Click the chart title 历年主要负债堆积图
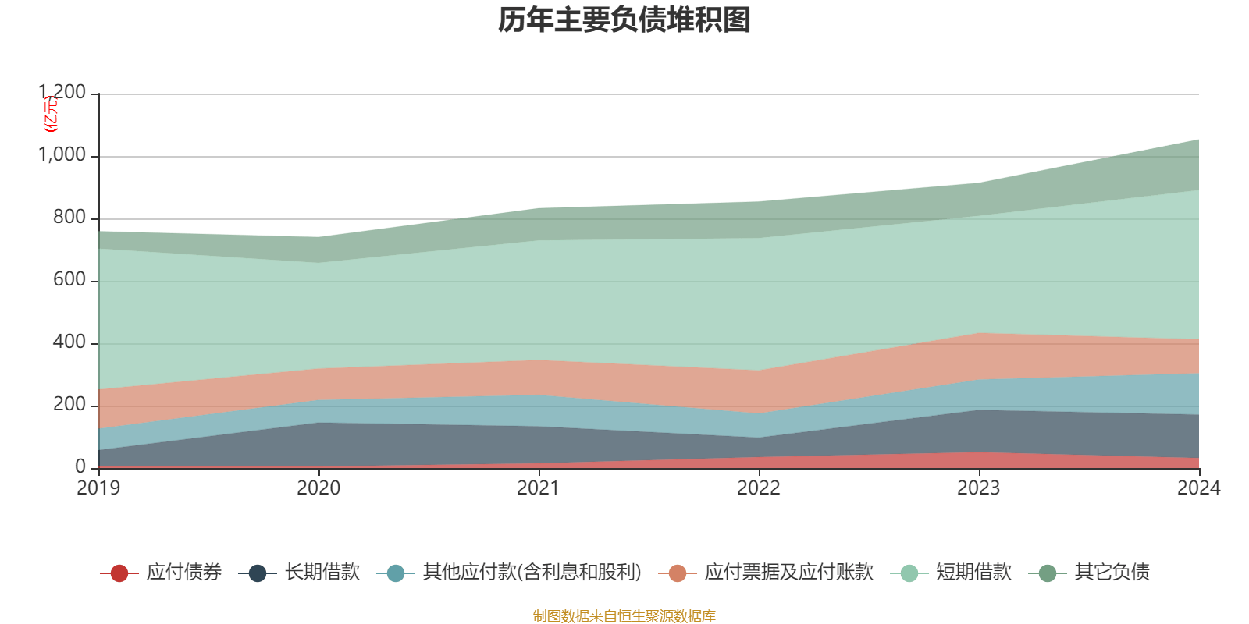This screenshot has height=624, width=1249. (624, 20)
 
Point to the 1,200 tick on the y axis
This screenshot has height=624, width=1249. (62, 93)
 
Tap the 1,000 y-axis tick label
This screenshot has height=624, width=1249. (62, 155)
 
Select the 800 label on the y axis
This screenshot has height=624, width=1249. (69, 218)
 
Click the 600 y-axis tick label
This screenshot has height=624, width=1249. (69, 280)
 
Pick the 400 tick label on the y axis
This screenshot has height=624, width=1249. (69, 342)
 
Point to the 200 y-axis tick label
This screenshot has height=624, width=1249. (69, 405)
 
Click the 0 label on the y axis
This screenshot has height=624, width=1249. (80, 466)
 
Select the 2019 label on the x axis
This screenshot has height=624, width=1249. (98, 488)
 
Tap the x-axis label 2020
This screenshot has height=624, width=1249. (318, 488)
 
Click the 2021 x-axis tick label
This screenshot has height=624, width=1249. (539, 488)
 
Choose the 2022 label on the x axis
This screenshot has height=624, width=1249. (759, 488)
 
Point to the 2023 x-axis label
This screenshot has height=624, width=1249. (979, 488)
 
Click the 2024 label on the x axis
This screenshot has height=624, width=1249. (1198, 488)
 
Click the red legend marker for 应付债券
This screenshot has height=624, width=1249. (119, 573)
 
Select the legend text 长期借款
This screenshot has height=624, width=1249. (322, 573)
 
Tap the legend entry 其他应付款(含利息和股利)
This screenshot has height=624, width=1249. (532, 573)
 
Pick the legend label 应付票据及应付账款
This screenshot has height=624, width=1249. (788, 573)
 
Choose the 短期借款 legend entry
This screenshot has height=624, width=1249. (973, 573)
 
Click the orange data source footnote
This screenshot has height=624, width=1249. (624, 616)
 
